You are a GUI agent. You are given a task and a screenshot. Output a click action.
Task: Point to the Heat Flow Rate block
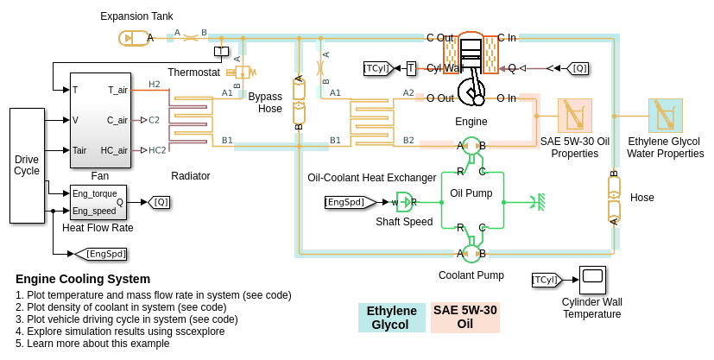(x=98, y=202)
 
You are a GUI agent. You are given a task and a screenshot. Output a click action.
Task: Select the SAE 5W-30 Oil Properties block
(x=574, y=116)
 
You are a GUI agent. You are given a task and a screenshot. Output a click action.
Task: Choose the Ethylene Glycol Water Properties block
(x=666, y=116)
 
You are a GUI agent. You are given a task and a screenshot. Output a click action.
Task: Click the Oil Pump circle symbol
(x=471, y=146)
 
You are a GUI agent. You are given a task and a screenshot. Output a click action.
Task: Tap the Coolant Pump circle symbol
(x=471, y=253)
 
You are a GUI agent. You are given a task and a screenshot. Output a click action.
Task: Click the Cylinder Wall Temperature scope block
(x=592, y=279)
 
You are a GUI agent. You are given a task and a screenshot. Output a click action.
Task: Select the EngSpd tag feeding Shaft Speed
(x=351, y=202)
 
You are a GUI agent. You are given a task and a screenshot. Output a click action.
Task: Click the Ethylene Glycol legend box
(x=392, y=318)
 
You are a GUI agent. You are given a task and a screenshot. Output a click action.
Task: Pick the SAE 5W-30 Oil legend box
(x=465, y=318)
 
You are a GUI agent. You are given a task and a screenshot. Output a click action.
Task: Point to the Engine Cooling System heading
(x=83, y=279)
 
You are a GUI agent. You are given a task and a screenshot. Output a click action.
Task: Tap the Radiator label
(x=191, y=176)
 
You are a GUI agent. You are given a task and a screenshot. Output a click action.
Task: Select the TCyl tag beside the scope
(x=545, y=280)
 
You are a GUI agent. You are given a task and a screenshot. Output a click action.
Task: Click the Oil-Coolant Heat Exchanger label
(x=372, y=178)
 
